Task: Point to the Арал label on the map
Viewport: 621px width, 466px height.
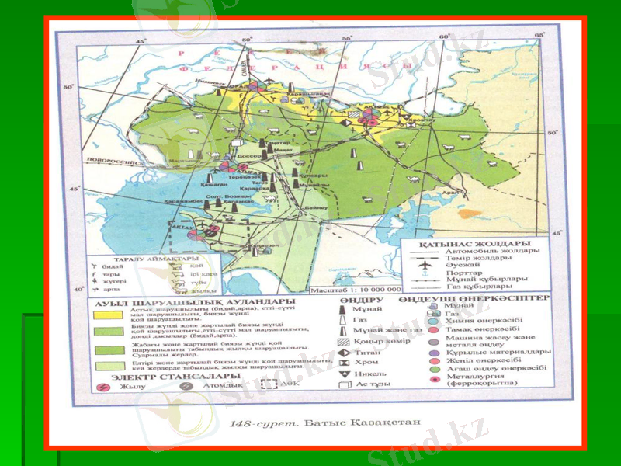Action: (x=448, y=193)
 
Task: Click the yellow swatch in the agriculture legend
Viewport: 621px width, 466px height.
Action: (x=108, y=314)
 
